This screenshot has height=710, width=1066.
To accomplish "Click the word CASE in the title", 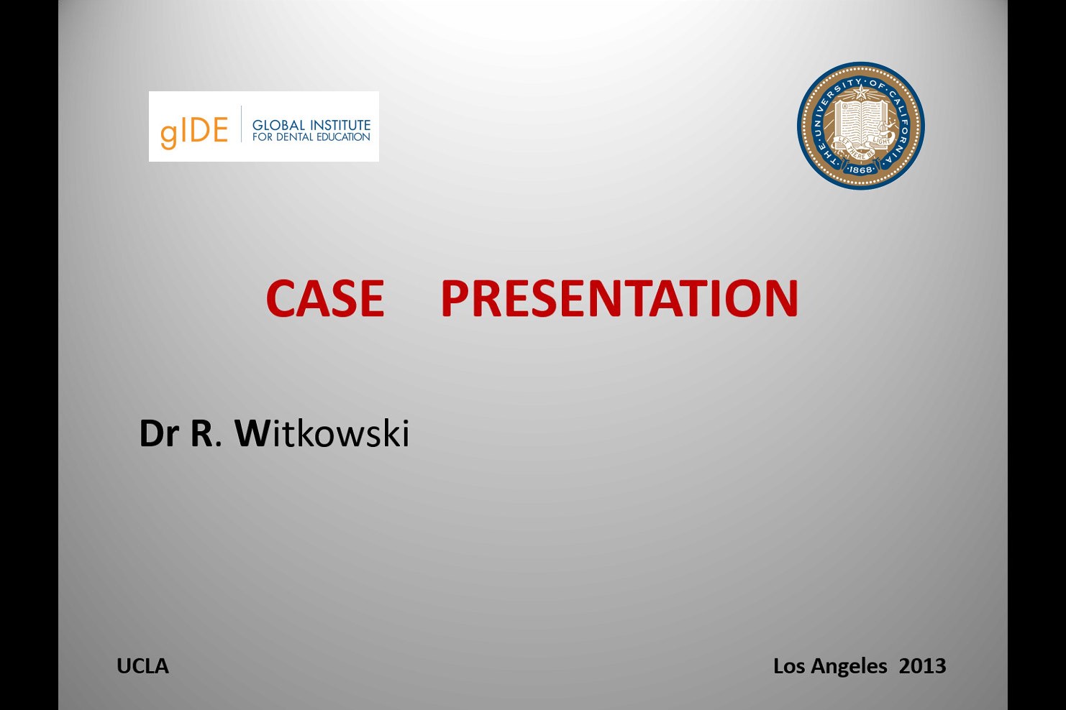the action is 325,298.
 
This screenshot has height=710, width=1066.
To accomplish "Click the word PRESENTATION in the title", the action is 619,298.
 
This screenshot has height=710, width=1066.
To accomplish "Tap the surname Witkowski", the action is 322,433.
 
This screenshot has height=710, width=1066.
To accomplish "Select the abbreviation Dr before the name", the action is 159,433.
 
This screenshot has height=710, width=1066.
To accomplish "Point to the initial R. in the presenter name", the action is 206,433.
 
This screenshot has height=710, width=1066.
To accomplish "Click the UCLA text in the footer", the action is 142,666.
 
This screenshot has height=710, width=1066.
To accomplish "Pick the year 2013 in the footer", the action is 922,665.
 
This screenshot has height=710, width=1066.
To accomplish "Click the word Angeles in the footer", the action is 849,667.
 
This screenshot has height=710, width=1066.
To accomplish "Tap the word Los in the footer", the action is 790,665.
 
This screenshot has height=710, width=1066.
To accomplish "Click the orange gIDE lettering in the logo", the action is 194,132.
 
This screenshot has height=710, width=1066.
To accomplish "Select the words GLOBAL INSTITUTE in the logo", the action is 311,125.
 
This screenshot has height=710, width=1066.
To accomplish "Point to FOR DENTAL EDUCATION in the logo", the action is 311,137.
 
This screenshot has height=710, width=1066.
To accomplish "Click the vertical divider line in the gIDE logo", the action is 241,124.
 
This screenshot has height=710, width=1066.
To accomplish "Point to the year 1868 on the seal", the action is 860,170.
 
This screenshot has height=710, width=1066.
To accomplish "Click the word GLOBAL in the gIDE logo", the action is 278,125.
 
